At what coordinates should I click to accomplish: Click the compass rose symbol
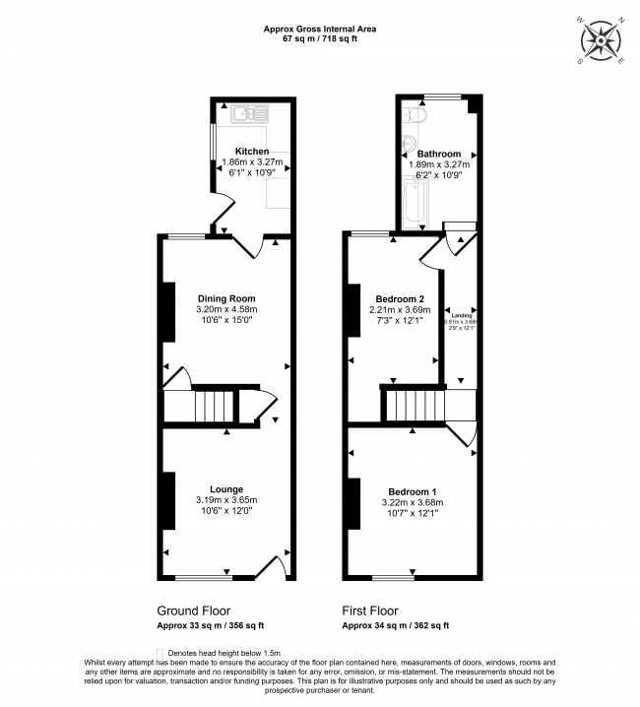tap(602, 40)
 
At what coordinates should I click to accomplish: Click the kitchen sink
tap(244, 114)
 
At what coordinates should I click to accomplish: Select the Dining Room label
tap(226, 298)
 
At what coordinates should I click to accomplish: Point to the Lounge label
tap(226, 488)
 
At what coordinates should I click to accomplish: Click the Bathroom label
tap(438, 154)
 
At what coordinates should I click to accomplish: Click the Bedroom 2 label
tap(401, 298)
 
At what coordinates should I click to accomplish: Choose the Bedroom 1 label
tap(413, 491)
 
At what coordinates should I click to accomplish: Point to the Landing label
tap(460, 314)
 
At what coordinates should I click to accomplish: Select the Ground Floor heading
tap(193, 611)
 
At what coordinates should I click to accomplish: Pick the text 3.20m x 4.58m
tap(226, 309)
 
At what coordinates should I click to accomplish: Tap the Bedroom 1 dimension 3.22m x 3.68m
tap(413, 502)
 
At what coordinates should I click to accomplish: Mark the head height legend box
tap(160, 653)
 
